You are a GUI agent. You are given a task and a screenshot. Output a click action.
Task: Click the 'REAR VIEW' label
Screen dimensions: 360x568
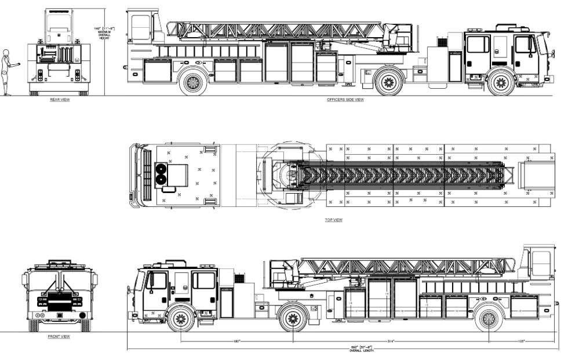[60, 100]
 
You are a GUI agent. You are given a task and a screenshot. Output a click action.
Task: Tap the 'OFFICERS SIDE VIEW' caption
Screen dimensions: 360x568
[345, 100]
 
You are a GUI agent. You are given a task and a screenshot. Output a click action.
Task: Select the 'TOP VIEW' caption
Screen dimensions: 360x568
[334, 220]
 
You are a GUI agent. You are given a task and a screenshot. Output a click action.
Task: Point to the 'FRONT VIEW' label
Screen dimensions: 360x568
[59, 336]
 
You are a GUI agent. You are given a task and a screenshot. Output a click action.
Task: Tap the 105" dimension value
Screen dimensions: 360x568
[521, 341]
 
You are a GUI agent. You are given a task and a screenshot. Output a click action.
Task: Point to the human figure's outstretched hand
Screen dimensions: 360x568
[19, 64]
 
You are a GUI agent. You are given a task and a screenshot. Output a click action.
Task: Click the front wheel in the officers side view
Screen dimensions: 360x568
[501, 82]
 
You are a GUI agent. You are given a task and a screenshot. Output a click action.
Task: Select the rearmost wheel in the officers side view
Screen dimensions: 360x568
[193, 82]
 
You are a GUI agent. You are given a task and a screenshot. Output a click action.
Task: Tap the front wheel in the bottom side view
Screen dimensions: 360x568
[180, 319]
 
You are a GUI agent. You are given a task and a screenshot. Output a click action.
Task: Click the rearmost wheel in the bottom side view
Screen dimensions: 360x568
[489, 319]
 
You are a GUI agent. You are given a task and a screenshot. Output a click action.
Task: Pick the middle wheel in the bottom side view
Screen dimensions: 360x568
[293, 319]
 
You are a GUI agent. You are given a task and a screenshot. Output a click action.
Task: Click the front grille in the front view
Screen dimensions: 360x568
[59, 301]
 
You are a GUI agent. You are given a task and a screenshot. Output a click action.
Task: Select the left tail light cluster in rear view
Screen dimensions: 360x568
[40, 75]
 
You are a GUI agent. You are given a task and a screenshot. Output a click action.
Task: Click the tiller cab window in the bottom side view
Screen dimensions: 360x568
[541, 263]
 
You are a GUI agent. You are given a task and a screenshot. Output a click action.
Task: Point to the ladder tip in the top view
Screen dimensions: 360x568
[511, 175]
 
